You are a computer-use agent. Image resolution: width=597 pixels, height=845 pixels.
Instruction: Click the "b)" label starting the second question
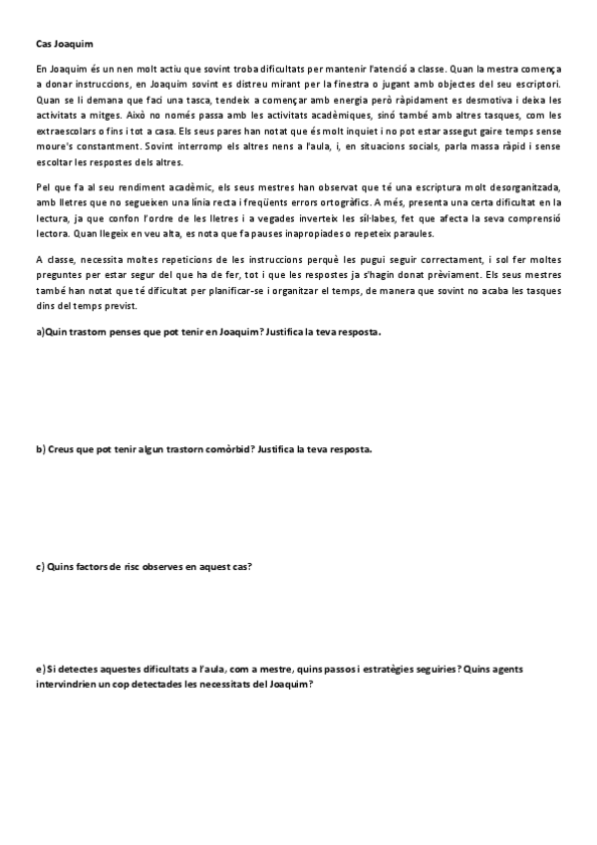(x=41, y=449)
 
